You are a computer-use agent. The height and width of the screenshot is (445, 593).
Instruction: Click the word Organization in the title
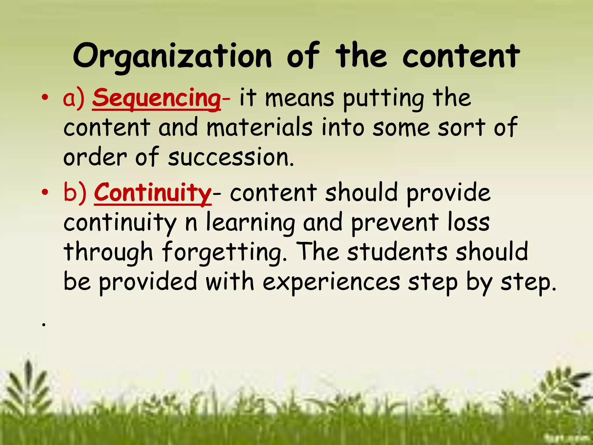(172, 56)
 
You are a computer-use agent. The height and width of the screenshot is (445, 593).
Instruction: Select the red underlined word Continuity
(153, 193)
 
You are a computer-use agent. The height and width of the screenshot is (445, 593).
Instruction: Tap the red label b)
(75, 193)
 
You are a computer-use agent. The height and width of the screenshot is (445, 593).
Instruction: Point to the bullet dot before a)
(44, 98)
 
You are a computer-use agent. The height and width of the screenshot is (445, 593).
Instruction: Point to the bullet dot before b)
(44, 192)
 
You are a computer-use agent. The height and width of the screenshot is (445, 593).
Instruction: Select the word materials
(260, 127)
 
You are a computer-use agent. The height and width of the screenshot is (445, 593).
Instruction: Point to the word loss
(468, 222)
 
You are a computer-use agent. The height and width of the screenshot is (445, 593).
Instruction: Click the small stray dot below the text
(44, 325)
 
